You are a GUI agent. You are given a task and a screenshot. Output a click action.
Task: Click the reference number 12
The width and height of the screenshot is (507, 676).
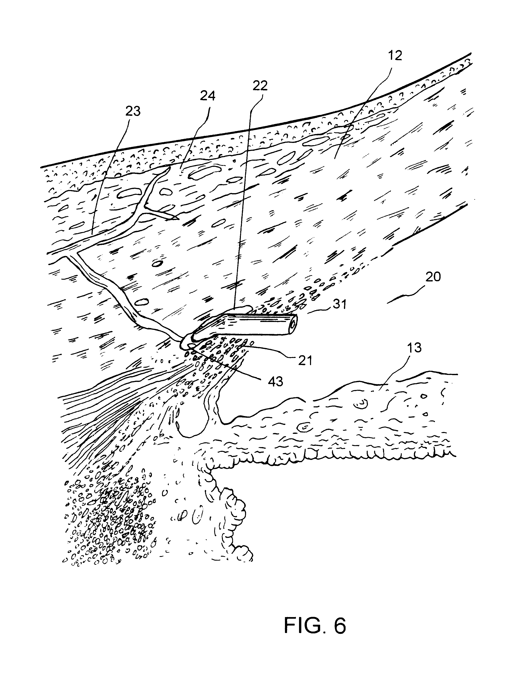pyautogui.click(x=395, y=56)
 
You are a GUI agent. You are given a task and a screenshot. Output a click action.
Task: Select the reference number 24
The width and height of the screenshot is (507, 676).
pyautogui.click(x=208, y=96)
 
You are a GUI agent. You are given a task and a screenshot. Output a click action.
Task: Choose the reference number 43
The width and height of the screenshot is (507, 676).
pyautogui.click(x=276, y=381)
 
